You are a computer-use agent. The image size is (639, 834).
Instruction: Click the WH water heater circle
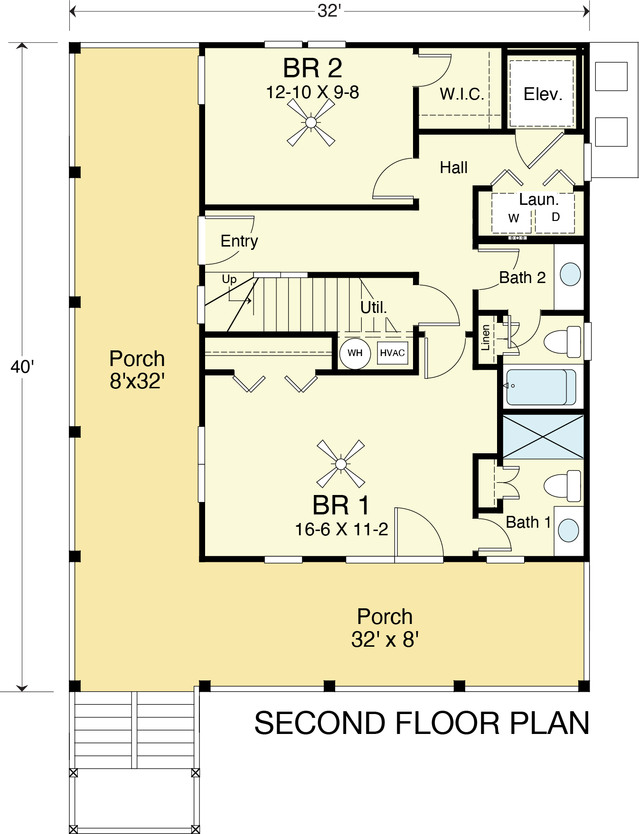click(355, 353)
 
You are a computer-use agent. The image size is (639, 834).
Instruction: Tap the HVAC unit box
click(393, 353)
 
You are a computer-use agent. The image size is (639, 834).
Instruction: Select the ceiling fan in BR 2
click(311, 123)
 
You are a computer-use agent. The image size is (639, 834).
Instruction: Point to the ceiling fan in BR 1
click(340, 464)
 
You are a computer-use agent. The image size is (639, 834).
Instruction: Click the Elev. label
click(543, 94)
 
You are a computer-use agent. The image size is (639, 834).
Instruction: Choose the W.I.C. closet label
click(462, 94)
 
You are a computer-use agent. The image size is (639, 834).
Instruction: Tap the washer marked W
click(513, 218)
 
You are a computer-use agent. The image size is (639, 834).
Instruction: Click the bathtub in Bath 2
click(541, 386)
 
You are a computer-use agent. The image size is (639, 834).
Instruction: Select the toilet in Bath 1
click(562, 486)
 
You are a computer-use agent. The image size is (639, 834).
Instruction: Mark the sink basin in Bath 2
click(570, 275)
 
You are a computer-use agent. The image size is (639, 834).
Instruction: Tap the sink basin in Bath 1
click(569, 530)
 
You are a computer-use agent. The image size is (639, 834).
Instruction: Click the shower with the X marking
click(543, 437)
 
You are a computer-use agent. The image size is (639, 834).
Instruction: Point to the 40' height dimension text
click(22, 367)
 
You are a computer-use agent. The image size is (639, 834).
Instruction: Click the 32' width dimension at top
click(329, 10)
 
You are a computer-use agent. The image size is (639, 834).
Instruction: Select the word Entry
click(239, 241)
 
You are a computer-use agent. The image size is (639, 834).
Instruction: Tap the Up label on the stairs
click(229, 279)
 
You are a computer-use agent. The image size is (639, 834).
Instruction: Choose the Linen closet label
click(485, 338)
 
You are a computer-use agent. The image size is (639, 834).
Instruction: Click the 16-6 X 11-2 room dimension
click(341, 529)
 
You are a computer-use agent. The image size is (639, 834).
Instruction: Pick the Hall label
click(454, 167)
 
